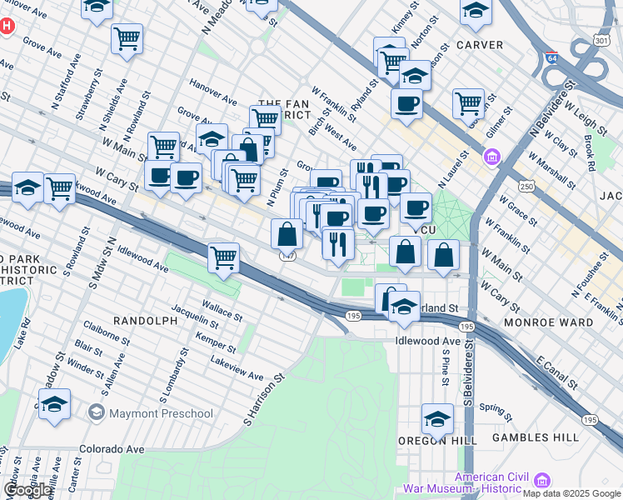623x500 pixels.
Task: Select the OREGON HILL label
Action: (436, 440)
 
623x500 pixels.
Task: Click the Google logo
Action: (27, 489)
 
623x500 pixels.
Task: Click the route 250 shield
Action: (527, 187)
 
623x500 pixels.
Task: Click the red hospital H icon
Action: (7, 26)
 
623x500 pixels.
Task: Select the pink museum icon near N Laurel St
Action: (492, 157)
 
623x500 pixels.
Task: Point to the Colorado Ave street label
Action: (112, 449)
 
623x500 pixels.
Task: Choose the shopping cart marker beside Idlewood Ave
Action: (223, 258)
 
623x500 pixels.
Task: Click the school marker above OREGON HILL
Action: (437, 418)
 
